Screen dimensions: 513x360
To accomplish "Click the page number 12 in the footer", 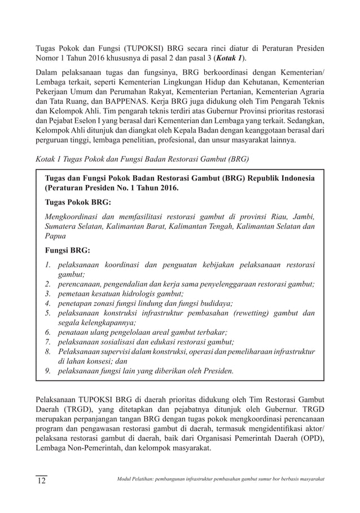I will pyautogui.click(x=41, y=480).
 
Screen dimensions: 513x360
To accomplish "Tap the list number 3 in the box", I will pyautogui.click(x=49, y=294).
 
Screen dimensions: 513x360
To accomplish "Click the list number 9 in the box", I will pyautogui.click(x=49, y=370).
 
